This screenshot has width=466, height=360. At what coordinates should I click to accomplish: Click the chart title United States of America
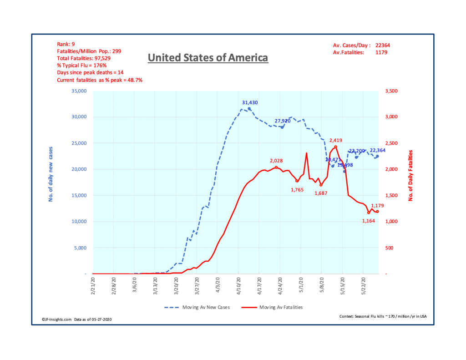point(208,58)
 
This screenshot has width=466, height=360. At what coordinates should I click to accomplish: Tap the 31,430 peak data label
point(250,103)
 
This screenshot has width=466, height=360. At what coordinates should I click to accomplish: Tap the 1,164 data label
point(369,221)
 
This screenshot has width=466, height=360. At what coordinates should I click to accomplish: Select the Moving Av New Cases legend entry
point(197,307)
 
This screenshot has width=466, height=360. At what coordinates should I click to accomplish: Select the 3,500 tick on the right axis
point(392,91)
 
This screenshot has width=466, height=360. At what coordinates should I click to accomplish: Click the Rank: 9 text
point(67,44)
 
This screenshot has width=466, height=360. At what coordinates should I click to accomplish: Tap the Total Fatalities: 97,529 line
point(84,59)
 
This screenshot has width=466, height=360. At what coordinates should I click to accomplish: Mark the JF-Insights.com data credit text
point(74,319)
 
